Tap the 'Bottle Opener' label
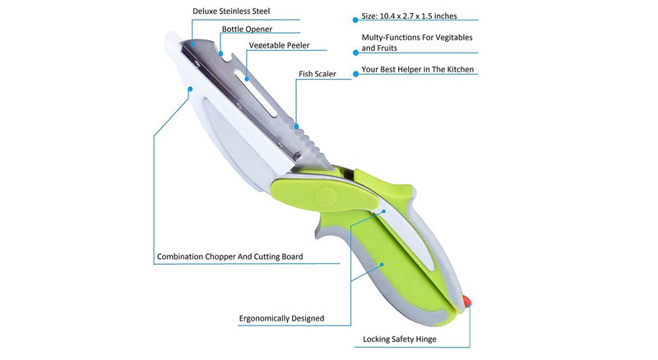[x=247, y=29]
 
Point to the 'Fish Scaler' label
[x=317, y=74]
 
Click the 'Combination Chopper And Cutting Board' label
[x=230, y=256]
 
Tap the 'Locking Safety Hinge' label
[x=400, y=339]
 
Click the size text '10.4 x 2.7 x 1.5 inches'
[x=418, y=16]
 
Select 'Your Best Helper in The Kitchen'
[x=418, y=69]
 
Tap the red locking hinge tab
[x=466, y=302]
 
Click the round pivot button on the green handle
[x=326, y=196]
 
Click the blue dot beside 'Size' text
[x=355, y=19]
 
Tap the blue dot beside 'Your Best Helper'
[x=355, y=74]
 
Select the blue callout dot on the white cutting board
[x=190, y=89]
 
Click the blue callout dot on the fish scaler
[x=296, y=127]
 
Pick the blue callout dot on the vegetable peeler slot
[x=247, y=78]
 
